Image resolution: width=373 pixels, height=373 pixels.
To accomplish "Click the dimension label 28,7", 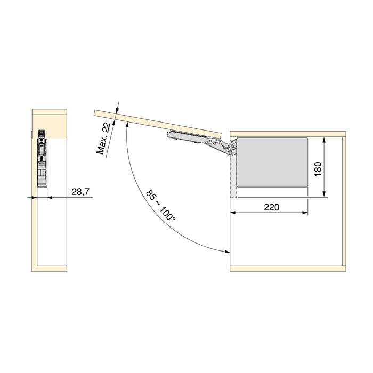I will click(79, 191).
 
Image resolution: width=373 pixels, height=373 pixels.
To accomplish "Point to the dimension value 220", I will click(271, 207).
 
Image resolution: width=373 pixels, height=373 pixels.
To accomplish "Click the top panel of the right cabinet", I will click(287, 133).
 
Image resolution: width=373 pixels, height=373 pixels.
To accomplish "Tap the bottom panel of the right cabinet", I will click(287, 267).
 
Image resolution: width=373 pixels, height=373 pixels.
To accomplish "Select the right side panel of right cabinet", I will click(343, 200).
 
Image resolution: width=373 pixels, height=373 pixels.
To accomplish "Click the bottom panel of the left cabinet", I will click(51, 267).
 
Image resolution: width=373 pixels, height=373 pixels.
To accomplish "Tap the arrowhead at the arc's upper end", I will click(128, 124).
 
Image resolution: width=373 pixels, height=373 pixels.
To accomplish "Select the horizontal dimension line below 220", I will click(269, 213).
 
